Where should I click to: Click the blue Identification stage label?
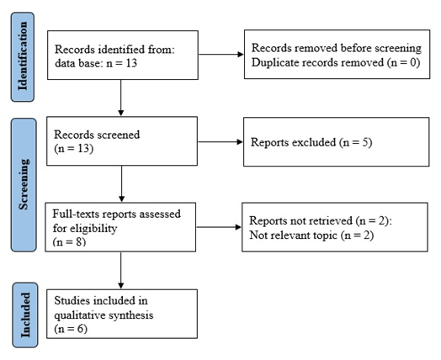pos(23,56)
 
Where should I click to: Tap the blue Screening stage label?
pos(24,185)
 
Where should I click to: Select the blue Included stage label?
pos(25,315)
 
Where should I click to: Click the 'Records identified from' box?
pos(123,55)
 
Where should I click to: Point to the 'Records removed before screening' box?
pos(337,54)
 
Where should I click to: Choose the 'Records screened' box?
pos(122,141)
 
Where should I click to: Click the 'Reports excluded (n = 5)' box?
pos(337,142)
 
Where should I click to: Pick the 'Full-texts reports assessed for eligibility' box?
pos(120,227)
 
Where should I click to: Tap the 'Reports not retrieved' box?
pos(335,227)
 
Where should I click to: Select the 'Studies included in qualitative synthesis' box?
pos(122,314)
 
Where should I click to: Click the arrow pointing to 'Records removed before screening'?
pos(221,54)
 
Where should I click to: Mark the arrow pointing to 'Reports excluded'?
pos(220,142)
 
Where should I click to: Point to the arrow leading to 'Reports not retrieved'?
pos(219,227)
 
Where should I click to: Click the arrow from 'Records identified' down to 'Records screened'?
pos(121,98)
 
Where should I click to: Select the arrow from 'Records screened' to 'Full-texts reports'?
pos(121,184)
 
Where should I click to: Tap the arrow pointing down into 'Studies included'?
pos(121,270)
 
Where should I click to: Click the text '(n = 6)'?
pos(71,329)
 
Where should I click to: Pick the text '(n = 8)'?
pos(69,241)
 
